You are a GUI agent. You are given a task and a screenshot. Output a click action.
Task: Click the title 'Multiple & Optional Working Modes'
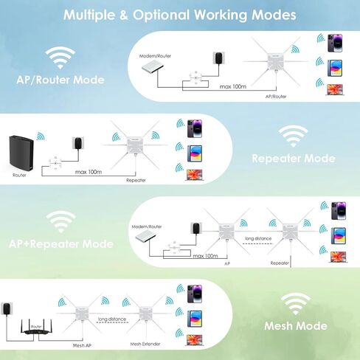coord(180,15)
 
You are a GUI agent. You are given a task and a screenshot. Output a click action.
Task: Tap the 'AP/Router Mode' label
coord(60,80)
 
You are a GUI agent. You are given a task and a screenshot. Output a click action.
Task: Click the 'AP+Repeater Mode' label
coord(60,243)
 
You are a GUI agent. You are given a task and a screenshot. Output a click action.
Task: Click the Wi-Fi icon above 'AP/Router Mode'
coord(60,58)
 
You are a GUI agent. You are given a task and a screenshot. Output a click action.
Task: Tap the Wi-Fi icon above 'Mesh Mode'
coord(297,302)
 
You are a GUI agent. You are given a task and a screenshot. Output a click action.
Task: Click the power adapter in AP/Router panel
coord(218,58)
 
